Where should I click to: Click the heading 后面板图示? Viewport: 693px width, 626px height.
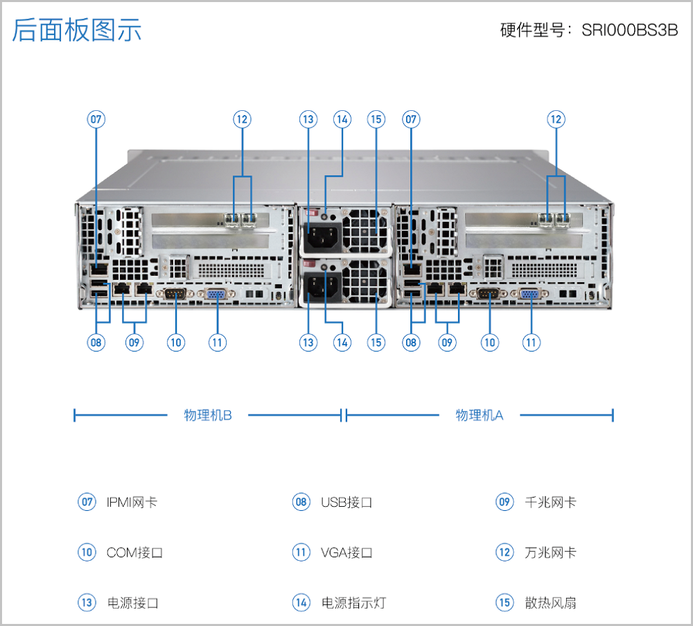(x=77, y=31)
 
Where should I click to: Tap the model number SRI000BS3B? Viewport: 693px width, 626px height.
(x=630, y=31)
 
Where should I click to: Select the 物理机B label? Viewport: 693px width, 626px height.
(x=207, y=415)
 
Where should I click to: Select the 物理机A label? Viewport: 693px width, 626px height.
(x=479, y=415)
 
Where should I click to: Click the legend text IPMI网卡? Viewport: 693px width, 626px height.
(x=132, y=502)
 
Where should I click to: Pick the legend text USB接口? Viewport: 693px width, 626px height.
(x=346, y=502)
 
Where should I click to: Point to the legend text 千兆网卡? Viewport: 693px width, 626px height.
(x=550, y=502)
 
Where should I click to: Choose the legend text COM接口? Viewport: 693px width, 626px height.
(x=134, y=553)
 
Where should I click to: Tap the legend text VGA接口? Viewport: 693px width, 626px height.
(x=346, y=553)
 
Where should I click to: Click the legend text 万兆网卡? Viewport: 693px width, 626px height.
(x=550, y=553)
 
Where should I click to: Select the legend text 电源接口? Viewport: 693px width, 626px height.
(x=133, y=602)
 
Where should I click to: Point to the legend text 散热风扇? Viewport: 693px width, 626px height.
(x=550, y=602)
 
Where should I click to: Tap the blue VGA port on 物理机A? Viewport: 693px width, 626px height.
(x=531, y=294)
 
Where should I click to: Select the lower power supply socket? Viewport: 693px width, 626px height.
(x=320, y=286)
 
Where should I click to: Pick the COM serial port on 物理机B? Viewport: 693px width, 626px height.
(x=175, y=294)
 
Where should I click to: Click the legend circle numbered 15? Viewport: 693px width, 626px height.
(x=504, y=602)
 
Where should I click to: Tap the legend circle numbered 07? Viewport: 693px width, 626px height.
(x=86, y=502)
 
